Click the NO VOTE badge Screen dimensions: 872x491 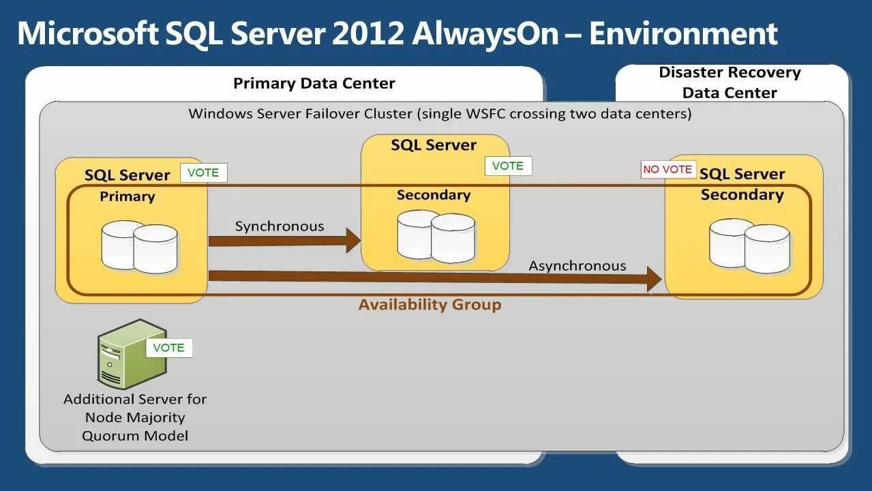click(x=667, y=169)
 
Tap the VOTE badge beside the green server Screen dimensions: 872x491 click(x=169, y=348)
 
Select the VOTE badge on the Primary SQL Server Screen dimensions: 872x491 click(x=203, y=173)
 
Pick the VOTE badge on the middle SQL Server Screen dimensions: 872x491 click(x=508, y=166)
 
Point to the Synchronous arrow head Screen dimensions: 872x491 click(x=353, y=240)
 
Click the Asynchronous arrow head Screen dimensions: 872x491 click(x=654, y=278)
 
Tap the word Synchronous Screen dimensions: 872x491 click(x=280, y=226)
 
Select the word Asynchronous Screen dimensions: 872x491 click(x=577, y=265)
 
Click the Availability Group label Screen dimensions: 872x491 click(x=430, y=304)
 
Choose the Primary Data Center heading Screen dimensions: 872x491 click(x=314, y=83)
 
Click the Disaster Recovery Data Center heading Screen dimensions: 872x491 click(x=730, y=83)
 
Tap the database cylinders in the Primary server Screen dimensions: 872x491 click(x=140, y=245)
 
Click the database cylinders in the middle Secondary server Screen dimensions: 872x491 click(x=436, y=236)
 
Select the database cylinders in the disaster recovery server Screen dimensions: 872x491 click(x=749, y=244)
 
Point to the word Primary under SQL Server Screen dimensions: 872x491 click(x=127, y=196)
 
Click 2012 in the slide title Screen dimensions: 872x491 click(x=368, y=34)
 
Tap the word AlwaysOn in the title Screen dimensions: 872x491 click(x=485, y=34)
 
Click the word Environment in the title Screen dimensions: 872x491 click(x=683, y=34)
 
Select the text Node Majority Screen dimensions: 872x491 click(x=135, y=417)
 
